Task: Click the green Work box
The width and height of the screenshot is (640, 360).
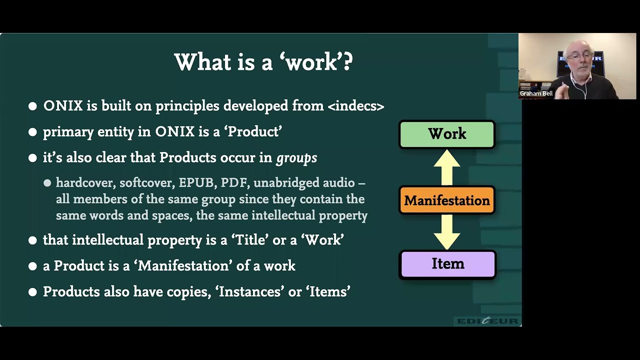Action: [447, 134]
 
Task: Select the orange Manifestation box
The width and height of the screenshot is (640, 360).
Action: [447, 200]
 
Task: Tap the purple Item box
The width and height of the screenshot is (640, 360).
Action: [447, 264]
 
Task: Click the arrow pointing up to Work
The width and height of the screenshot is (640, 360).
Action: [447, 167]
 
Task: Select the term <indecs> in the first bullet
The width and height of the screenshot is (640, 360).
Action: [356, 106]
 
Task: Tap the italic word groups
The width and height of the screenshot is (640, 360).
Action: [296, 158]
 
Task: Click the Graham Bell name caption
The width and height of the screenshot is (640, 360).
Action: [536, 93]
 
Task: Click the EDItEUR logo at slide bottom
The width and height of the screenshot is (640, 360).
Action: [487, 321]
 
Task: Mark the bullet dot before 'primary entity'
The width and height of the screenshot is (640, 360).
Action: [33, 132]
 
